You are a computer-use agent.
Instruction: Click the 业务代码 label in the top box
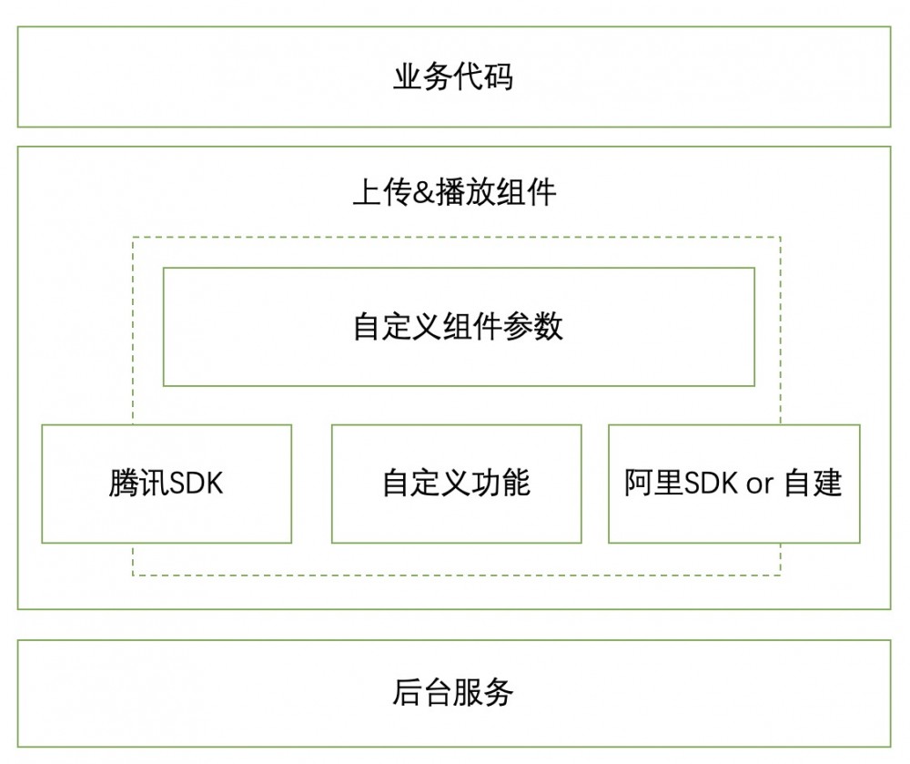[452, 76]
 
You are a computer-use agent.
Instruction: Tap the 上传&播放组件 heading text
[453, 193]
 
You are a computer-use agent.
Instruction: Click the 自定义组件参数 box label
[458, 326]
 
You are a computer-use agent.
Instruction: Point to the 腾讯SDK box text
[166, 483]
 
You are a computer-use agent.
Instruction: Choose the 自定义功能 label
[456, 483]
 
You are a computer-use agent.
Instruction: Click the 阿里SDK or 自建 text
[733, 483]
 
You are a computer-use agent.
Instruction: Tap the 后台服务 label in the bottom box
[452, 693]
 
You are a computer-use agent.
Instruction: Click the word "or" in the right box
[760, 484]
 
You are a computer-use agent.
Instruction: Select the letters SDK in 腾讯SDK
[195, 483]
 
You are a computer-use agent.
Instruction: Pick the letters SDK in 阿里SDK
[712, 483]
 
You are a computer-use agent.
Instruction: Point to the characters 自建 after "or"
[813, 483]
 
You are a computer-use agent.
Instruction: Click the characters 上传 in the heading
[381, 193]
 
